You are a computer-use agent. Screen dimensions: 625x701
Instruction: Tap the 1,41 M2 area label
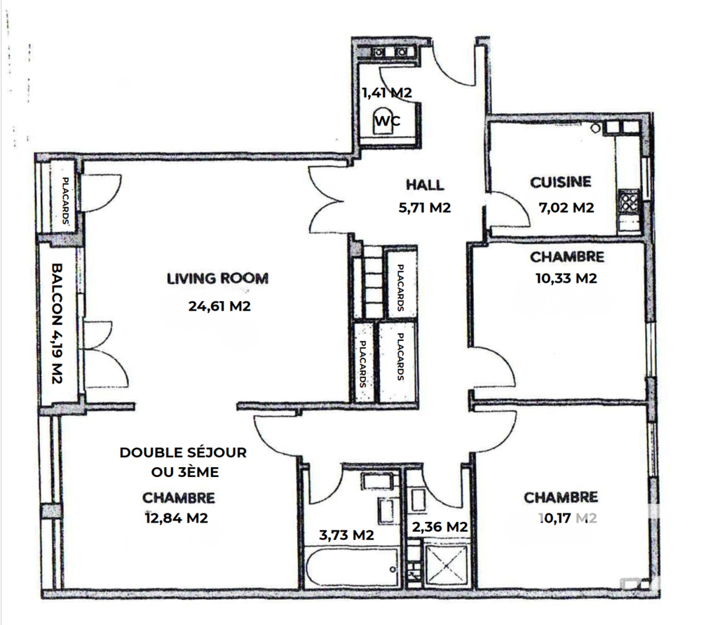(x=386, y=92)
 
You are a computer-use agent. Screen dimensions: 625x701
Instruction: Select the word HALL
(x=425, y=185)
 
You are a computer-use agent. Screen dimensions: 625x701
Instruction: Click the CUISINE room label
(x=561, y=182)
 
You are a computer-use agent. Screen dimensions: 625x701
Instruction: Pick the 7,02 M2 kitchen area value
(x=566, y=208)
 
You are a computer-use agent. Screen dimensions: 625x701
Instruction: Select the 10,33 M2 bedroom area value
(x=566, y=278)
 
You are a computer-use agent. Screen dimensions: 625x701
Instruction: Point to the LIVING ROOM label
(x=217, y=278)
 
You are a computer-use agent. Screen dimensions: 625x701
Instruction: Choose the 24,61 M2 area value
(x=219, y=306)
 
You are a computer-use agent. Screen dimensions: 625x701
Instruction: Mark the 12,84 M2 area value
(x=178, y=519)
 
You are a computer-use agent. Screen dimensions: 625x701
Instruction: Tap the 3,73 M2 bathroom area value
(x=346, y=535)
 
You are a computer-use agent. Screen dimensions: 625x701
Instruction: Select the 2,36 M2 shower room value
(x=439, y=527)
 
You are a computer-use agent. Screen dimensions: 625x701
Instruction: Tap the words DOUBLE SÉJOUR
(x=183, y=453)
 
